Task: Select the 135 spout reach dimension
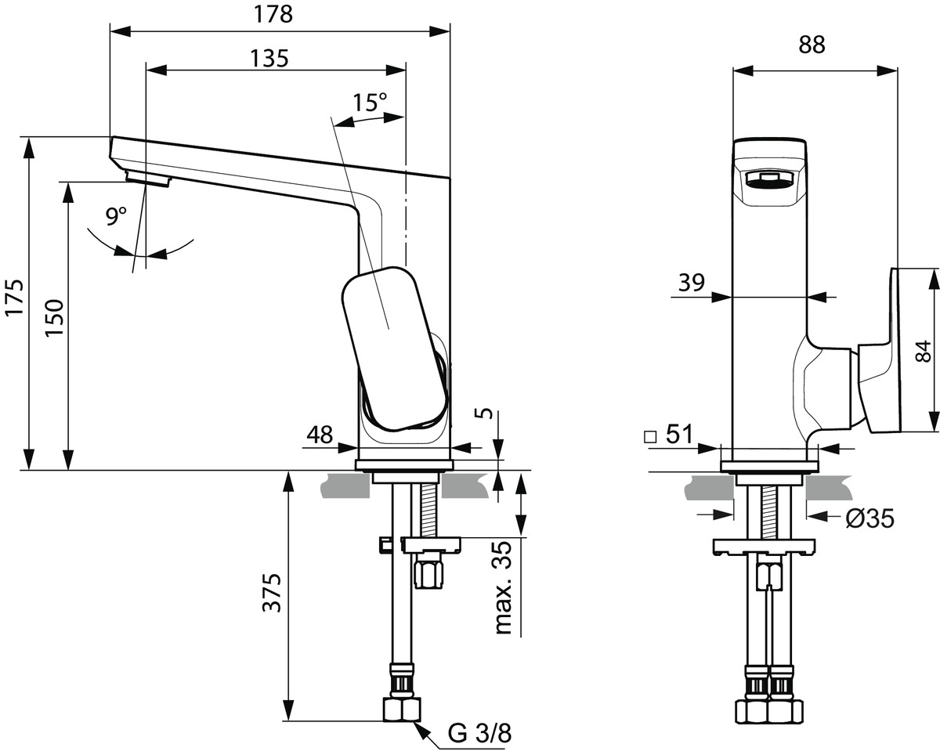pos(269,58)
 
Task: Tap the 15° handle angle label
pos(369,103)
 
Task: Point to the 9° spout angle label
pos(117,216)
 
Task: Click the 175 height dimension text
pos(15,298)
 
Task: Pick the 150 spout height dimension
pos(54,318)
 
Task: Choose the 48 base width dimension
pos(320,434)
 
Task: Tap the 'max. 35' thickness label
pos(504,587)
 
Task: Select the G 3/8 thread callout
pos(479,733)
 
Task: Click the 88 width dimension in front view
pos(812,45)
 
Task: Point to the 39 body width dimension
pos(692,282)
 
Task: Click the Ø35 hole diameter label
pos(869,518)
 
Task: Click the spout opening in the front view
pos(769,182)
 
